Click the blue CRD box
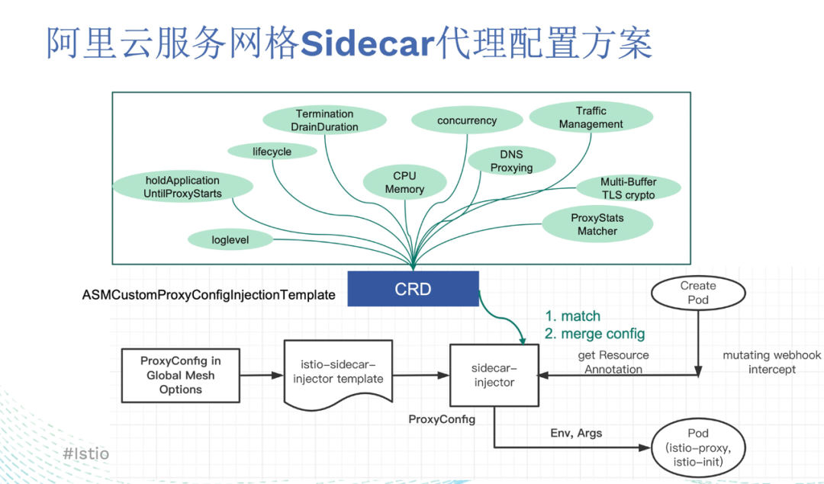point(413,289)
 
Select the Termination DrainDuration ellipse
point(324,120)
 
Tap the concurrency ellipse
point(467,120)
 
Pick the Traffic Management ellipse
point(591,117)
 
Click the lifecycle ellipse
point(272,152)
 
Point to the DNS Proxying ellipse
point(511,161)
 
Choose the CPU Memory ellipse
point(404,182)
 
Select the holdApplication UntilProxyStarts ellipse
point(182,188)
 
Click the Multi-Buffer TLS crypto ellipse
point(628,188)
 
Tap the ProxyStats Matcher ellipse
point(597,224)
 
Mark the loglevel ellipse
point(230,240)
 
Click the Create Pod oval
point(697,293)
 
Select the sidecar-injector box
point(494,375)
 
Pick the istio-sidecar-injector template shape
point(338,372)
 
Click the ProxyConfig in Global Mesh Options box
point(181,375)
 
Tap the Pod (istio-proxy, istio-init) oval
point(697,447)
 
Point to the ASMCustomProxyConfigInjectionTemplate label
point(208,294)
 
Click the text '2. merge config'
point(594,334)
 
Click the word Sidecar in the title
point(367,44)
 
